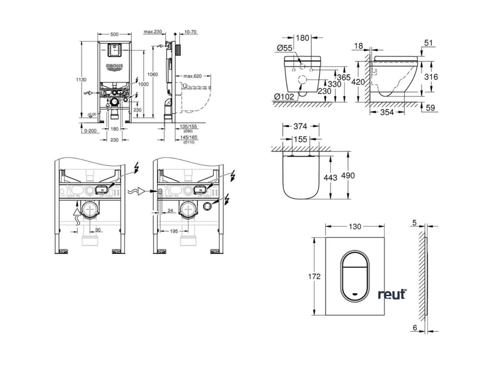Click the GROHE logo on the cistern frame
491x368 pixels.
pyautogui.click(x=115, y=67)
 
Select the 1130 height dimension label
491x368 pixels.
pyautogui.click(x=81, y=80)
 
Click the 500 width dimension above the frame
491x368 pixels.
pyautogui.click(x=115, y=34)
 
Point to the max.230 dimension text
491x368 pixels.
pyautogui.click(x=153, y=32)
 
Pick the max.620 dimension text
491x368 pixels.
pyautogui.click(x=191, y=76)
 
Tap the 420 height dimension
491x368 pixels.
pyautogui.click(x=359, y=81)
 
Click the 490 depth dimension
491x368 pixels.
pyautogui.click(x=348, y=176)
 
